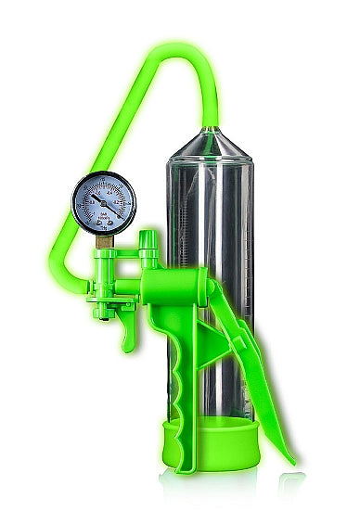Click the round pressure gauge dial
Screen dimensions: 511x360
pyautogui.click(x=104, y=203)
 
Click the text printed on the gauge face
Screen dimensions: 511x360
pyautogui.click(x=105, y=219)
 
